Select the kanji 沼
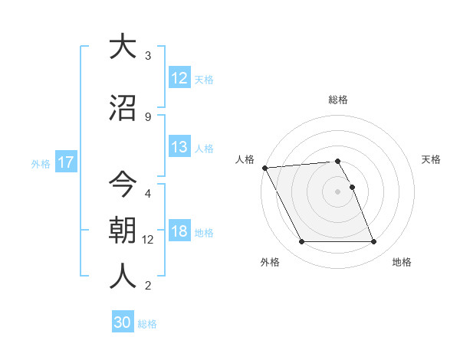pos(123,108)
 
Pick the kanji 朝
pos(123,231)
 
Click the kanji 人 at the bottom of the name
pos(123,275)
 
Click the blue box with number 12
pos(179,78)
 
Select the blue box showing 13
pos(179,148)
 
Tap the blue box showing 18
pos(179,232)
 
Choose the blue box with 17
pos(65,162)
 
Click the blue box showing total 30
pos(123,322)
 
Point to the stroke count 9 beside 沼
pos(148,117)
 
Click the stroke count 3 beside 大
pos(148,56)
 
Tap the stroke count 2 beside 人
pos(148,286)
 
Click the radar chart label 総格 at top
pos(338,100)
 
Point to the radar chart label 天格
pos(432,159)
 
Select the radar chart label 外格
pos(270,262)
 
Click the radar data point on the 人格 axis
pos(264,168)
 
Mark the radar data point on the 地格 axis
pos(373,242)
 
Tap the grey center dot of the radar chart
pos(338,191)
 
